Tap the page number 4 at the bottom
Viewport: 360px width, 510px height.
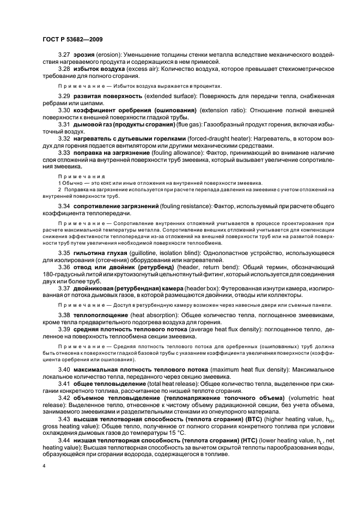(x=44, y=466)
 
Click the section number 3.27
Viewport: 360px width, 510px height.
(x=64, y=56)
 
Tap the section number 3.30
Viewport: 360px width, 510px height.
(x=64, y=110)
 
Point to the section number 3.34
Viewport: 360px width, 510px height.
(x=64, y=207)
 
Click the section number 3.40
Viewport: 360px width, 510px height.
(x=64, y=371)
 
